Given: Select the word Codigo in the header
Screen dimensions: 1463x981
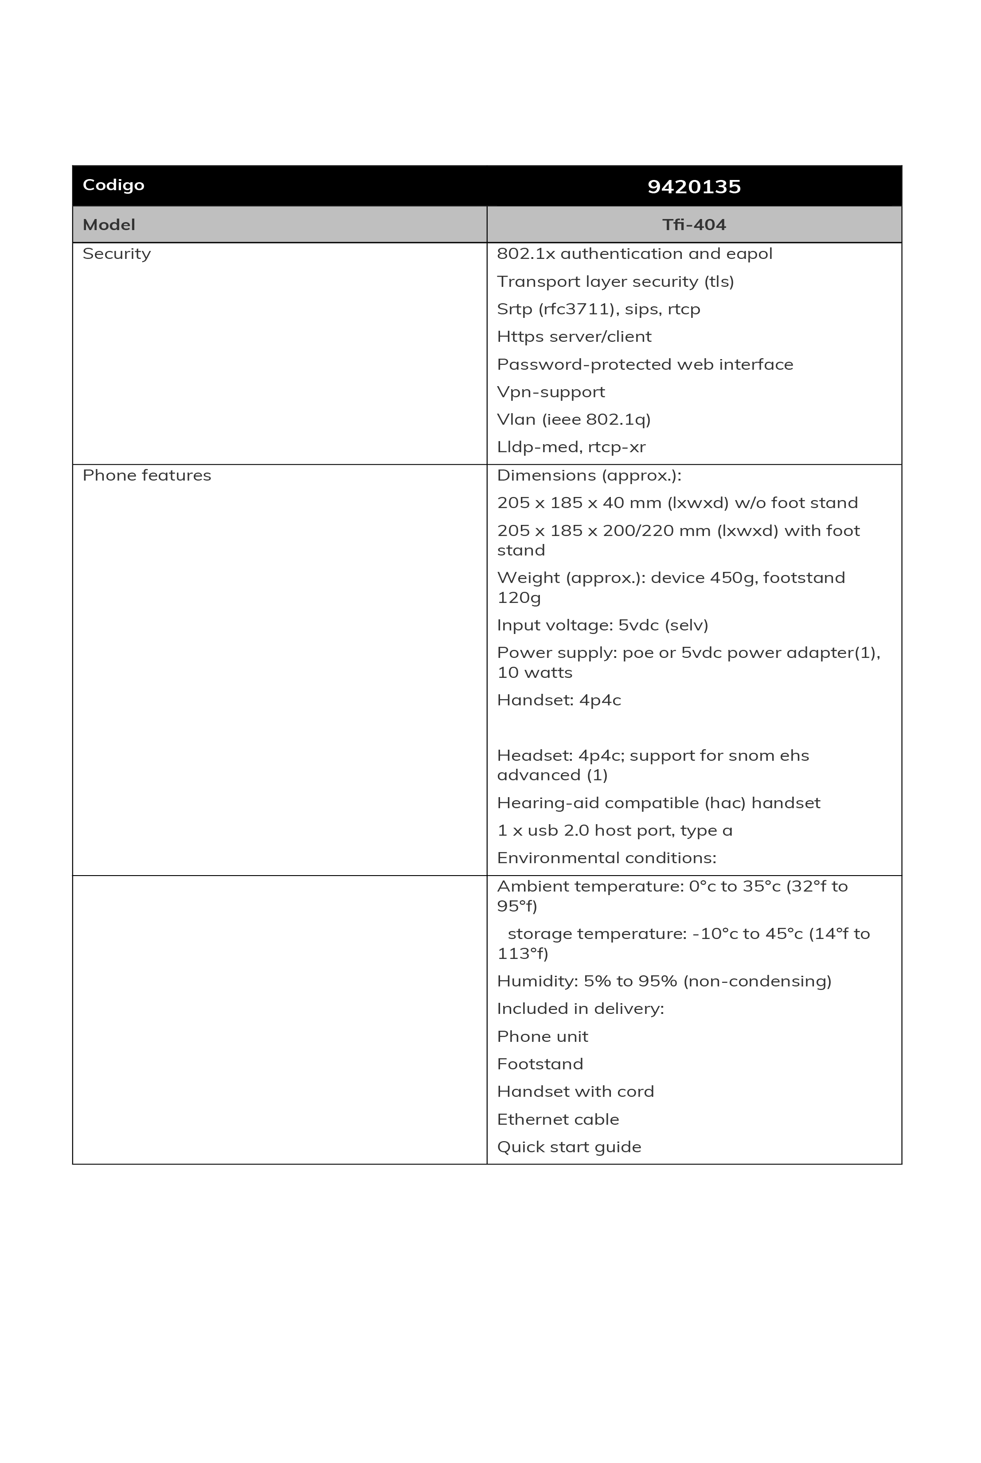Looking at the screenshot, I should point(113,185).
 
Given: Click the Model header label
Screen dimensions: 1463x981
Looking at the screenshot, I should point(109,225).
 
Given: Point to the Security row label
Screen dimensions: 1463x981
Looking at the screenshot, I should point(117,254).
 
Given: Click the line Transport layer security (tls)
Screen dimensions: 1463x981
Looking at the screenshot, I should point(615,282).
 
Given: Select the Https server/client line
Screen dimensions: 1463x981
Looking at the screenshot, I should point(574,336).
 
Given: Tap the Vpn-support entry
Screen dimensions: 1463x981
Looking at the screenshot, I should point(551,392).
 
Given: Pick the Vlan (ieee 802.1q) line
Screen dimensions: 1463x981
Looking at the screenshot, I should point(574,419).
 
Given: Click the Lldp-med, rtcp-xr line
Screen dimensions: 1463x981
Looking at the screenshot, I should point(571,447).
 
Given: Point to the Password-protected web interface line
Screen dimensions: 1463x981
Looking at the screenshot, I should point(645,364).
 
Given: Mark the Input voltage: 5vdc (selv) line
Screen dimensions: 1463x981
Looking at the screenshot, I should point(602,625).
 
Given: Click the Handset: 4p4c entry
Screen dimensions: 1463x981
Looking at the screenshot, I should point(559,700).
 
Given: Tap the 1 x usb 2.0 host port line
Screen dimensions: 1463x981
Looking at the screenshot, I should point(614,830).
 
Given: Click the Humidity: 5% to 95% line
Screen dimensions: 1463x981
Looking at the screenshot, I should point(664,981).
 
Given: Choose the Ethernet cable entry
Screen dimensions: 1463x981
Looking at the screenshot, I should point(558,1119).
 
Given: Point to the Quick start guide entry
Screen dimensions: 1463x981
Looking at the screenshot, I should point(569,1146).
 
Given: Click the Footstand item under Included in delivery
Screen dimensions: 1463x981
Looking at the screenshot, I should point(540,1064).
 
